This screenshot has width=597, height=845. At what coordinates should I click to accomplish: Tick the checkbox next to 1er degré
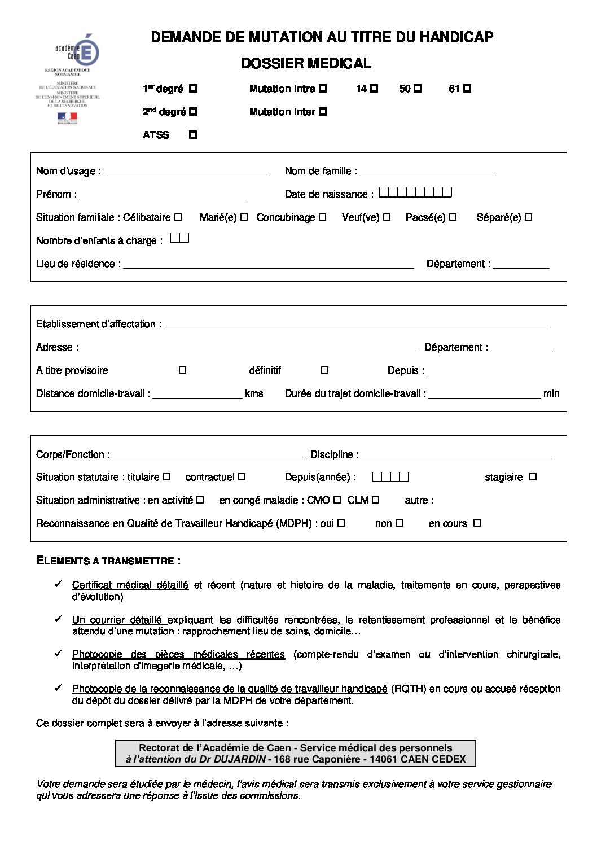pyautogui.click(x=193, y=89)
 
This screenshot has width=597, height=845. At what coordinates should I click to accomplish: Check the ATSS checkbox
pyautogui.click(x=193, y=135)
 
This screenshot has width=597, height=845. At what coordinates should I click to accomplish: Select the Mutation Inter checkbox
pyautogui.click(x=323, y=112)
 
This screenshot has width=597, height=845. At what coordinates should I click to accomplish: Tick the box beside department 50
pyautogui.click(x=418, y=89)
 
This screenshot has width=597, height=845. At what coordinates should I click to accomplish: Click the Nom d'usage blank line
pyautogui.click(x=188, y=172)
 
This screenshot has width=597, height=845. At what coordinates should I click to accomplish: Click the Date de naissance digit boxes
pyautogui.click(x=415, y=193)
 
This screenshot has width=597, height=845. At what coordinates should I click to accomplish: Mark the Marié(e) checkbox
pyautogui.click(x=244, y=217)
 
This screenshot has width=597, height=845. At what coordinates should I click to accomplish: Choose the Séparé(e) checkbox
pyautogui.click(x=529, y=217)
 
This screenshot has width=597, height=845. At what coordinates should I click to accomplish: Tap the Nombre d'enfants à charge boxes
pyautogui.click(x=179, y=239)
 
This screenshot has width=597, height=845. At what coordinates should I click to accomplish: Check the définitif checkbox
pyautogui.click(x=324, y=370)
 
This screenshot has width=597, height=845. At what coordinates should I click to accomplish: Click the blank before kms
pyautogui.click(x=197, y=394)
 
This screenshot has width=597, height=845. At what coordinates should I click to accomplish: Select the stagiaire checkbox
pyautogui.click(x=533, y=477)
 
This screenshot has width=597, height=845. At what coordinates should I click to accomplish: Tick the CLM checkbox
pyautogui.click(x=376, y=500)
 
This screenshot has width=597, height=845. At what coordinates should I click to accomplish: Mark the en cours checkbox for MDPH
pyautogui.click(x=477, y=523)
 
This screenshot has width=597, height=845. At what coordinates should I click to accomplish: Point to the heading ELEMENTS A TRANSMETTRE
pyautogui.click(x=108, y=561)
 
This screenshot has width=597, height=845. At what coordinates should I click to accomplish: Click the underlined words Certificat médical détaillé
pyautogui.click(x=130, y=585)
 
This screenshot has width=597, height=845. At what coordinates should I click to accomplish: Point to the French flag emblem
pyautogui.click(x=67, y=117)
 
